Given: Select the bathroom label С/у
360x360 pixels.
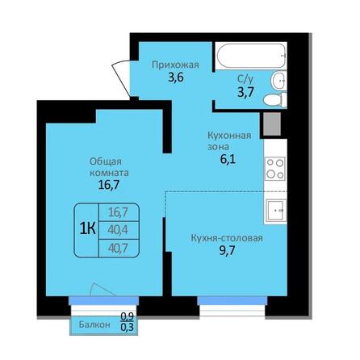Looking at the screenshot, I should [243, 80].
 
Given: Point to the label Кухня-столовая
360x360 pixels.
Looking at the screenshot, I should [227, 238].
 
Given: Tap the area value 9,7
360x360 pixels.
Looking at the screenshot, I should [227, 253].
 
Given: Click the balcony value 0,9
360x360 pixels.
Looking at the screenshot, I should [126, 317].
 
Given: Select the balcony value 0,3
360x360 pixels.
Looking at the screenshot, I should [126, 328].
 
